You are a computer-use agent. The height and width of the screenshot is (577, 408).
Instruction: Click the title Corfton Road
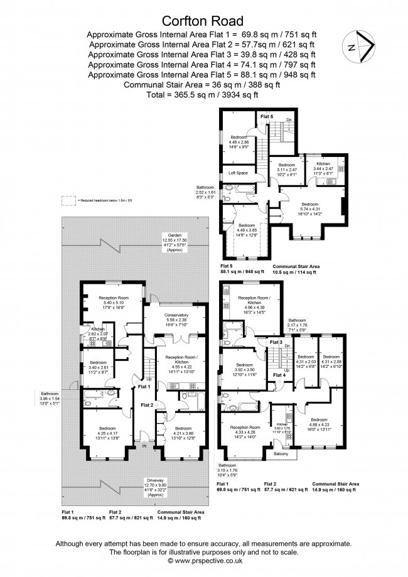[x=203, y=19]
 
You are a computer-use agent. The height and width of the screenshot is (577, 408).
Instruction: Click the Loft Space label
[x=238, y=173]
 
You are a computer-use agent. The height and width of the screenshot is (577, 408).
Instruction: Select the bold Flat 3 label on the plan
[x=276, y=342]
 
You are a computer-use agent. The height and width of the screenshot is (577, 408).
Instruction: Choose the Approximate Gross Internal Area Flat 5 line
[x=202, y=75]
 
